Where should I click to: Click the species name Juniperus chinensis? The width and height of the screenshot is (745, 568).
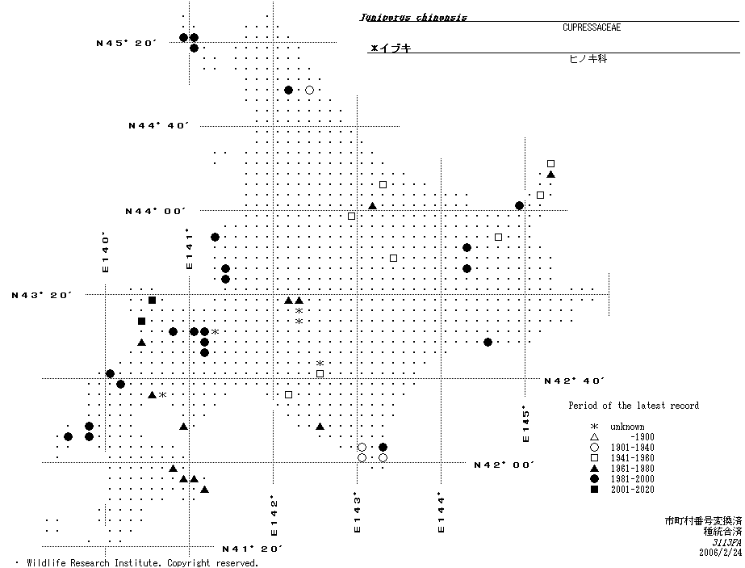click(x=413, y=17)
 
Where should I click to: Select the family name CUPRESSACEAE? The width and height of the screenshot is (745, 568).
click(x=591, y=27)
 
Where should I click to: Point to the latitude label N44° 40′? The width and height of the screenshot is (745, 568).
click(x=158, y=125)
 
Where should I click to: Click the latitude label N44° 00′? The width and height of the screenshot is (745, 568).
click(x=155, y=211)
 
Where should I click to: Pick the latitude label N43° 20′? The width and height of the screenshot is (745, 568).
click(x=41, y=295)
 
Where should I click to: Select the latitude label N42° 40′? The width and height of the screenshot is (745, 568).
click(x=574, y=381)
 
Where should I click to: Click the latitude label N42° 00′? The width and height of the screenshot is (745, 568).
click(x=504, y=465)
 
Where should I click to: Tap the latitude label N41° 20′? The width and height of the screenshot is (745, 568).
click(x=253, y=549)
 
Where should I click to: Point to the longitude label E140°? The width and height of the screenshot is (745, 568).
click(x=105, y=253)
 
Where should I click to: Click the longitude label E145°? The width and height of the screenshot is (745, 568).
click(x=525, y=423)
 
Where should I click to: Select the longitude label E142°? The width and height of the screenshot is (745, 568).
click(x=274, y=517)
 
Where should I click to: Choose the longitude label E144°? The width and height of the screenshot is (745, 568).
click(x=441, y=512)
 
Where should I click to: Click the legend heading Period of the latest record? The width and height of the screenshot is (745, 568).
click(x=634, y=406)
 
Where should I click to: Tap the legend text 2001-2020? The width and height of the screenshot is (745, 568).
click(x=633, y=490)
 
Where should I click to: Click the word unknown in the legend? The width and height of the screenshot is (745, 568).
click(x=627, y=427)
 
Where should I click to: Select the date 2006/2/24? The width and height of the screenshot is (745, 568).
click(x=720, y=553)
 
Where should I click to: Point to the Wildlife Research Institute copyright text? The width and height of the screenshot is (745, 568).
click(x=142, y=562)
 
